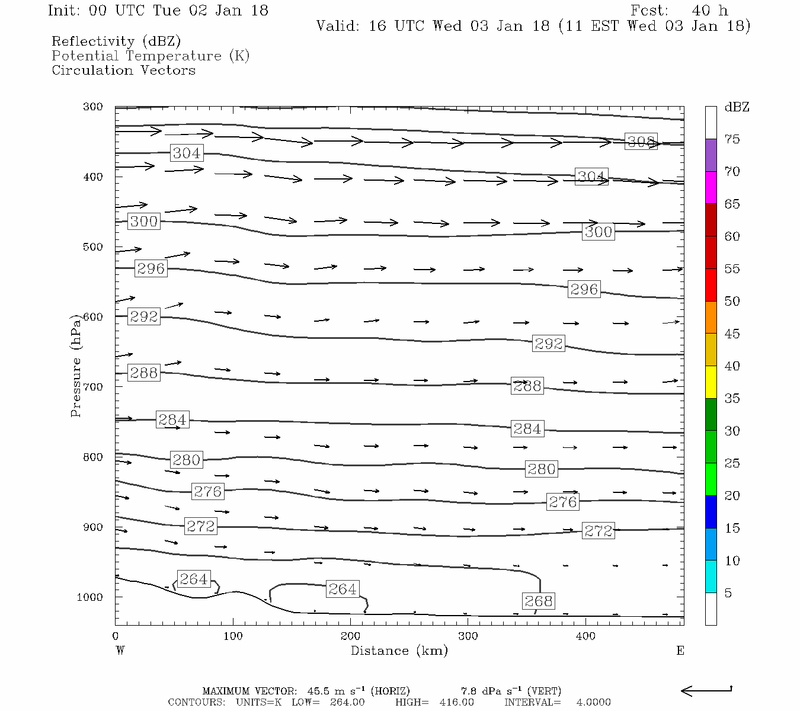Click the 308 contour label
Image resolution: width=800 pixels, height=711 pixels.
pos(641,142)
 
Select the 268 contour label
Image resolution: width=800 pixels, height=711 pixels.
pos(538,601)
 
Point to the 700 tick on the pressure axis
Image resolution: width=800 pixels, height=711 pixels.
pos(93,387)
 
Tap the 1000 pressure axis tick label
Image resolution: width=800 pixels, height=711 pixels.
pos(90,597)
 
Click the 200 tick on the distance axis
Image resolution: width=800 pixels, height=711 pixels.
pos(350,636)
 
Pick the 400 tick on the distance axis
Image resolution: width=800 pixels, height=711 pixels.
pos(585,636)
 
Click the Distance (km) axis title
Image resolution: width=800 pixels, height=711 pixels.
pos(399,651)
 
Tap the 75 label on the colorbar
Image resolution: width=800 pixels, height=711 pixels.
pos(732,139)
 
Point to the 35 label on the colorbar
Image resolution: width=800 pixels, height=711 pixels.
pos(732,398)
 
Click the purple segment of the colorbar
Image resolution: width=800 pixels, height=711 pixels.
pos(711,155)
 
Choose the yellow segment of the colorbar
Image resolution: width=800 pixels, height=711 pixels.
pos(711,382)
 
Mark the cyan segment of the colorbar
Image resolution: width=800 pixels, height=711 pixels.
pos(711,577)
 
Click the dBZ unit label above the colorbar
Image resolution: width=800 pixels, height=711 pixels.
pos(737,107)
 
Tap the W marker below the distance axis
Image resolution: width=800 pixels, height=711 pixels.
pos(120,651)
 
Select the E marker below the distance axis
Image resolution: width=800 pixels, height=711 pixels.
pos(680,651)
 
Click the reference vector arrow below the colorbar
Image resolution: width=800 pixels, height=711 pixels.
pos(706,690)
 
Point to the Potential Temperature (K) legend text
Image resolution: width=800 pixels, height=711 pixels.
pos(151,56)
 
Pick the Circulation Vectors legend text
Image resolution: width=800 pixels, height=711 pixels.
pos(123,70)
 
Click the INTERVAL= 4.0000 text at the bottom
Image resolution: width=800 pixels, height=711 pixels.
pos(557,702)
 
